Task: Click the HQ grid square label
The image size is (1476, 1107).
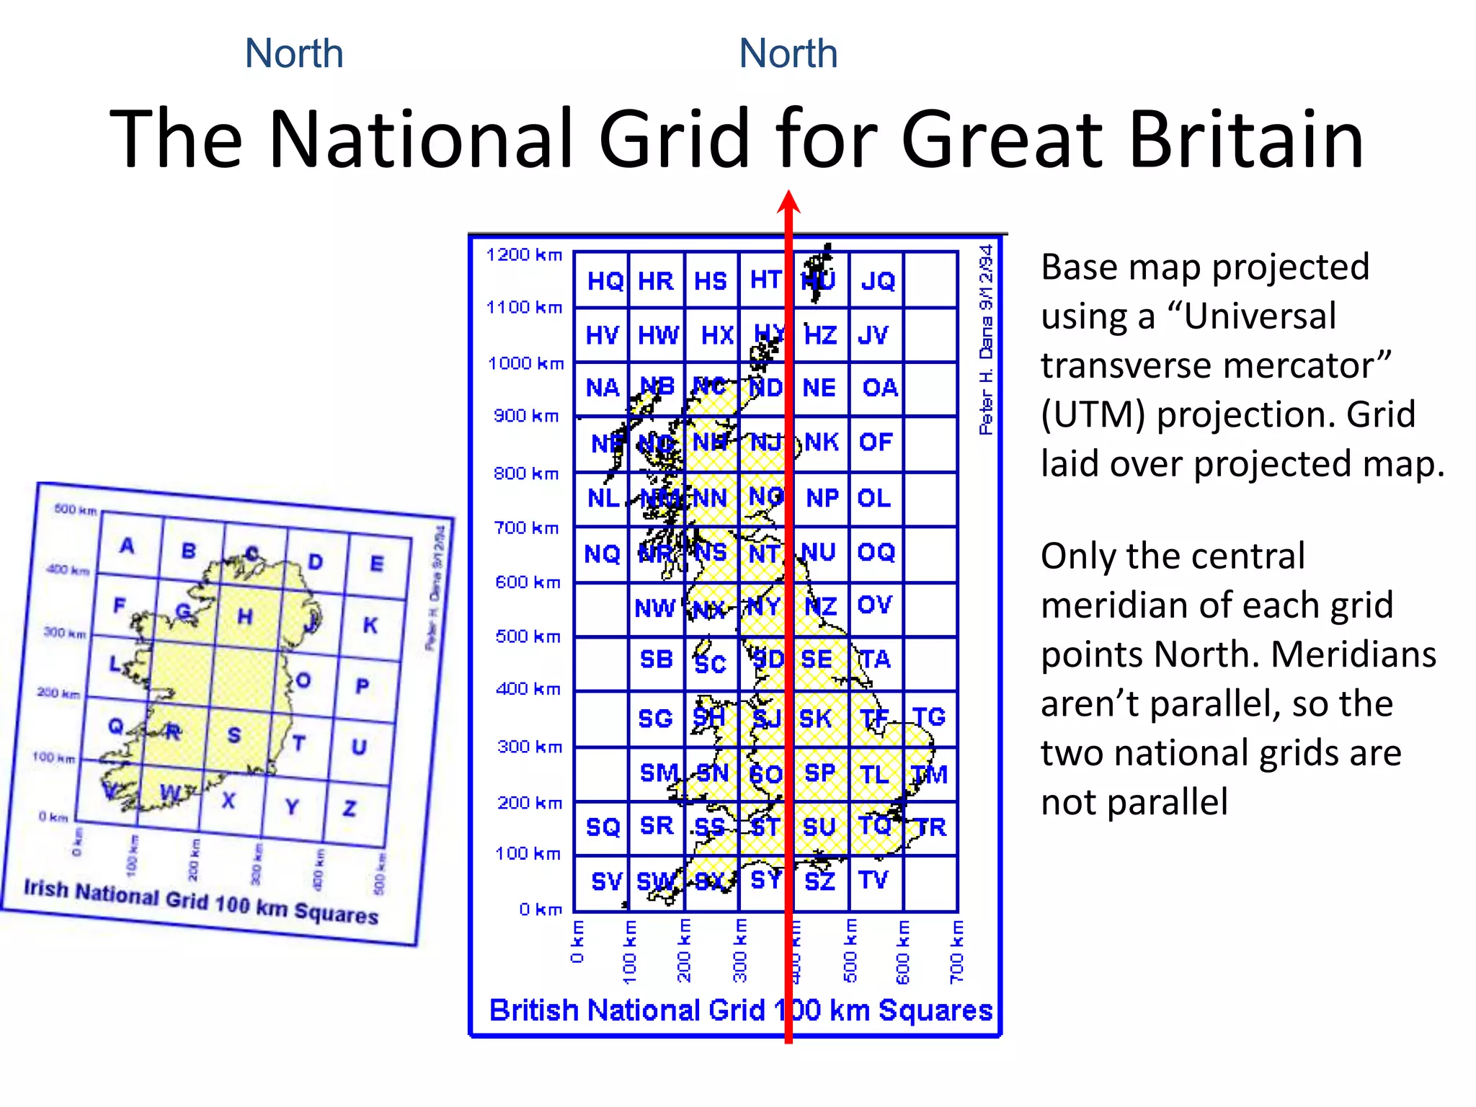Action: (x=605, y=281)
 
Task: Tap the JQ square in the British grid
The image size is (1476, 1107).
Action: (x=877, y=281)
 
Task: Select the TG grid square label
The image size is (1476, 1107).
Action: (x=929, y=717)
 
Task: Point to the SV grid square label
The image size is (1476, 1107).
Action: (x=605, y=881)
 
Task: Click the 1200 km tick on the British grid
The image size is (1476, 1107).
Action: (x=524, y=254)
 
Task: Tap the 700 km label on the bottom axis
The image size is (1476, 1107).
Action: (x=956, y=951)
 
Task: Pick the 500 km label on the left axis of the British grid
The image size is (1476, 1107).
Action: (x=528, y=636)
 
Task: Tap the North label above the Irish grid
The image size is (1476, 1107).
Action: (x=294, y=53)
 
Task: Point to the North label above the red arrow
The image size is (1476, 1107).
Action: (x=788, y=53)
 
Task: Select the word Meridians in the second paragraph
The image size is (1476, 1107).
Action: (x=1353, y=654)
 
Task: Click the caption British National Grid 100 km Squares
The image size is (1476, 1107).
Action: (x=740, y=1010)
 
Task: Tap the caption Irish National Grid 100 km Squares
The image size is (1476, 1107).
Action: (x=201, y=901)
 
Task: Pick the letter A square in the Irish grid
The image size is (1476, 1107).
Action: (x=127, y=546)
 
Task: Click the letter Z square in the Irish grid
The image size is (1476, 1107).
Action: (x=350, y=809)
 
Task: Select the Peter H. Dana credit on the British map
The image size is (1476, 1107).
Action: (x=986, y=339)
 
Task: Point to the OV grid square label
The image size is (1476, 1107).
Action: (x=875, y=605)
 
